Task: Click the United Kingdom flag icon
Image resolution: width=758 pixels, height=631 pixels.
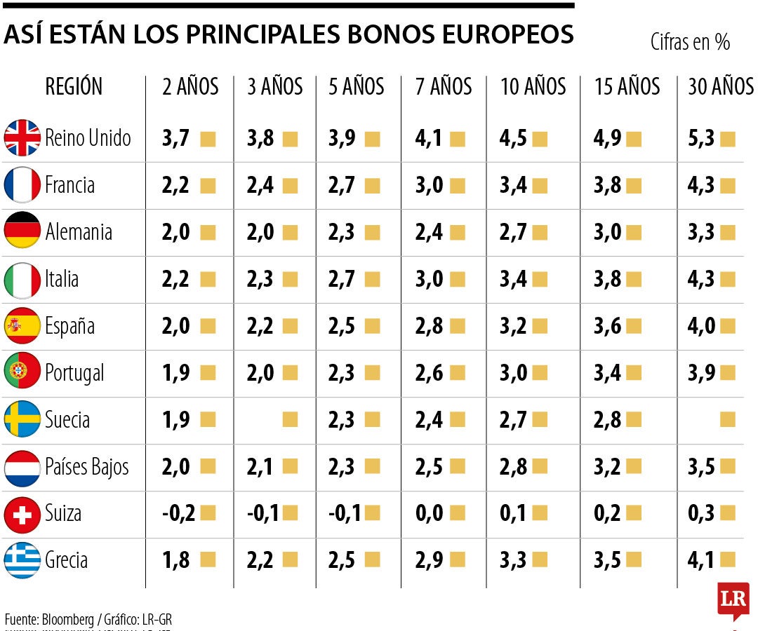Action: pos(22,137)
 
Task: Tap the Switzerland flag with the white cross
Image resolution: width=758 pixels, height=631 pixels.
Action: pos(22,514)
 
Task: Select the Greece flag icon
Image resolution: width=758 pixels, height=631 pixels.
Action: pos(22,561)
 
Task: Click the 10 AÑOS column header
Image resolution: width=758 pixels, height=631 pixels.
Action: pos(533,87)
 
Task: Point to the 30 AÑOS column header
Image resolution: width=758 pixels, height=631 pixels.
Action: pos(720,87)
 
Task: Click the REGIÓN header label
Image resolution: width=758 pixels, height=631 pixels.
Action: pos(74,87)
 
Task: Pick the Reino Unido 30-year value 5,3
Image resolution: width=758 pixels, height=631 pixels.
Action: pos(701,138)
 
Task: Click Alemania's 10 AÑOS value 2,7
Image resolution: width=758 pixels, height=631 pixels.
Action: pos(513,232)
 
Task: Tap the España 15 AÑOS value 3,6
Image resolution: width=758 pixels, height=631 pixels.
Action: pos(607,326)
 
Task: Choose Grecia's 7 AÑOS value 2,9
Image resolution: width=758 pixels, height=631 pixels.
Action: pos(429,561)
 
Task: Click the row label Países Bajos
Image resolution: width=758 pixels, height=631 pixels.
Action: pos(87,467)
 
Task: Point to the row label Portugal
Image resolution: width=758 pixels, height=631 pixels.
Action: pos(74,373)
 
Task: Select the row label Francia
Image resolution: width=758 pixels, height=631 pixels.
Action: pos(69,185)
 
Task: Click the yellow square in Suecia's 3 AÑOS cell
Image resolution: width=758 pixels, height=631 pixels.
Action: pos(290,420)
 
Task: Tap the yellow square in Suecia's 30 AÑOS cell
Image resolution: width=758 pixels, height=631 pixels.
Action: pos(728,420)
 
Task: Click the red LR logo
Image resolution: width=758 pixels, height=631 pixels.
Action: pos(733,599)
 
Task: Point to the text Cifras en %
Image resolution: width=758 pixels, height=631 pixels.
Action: pos(690,43)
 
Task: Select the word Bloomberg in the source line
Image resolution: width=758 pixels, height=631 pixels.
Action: pos(68,620)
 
